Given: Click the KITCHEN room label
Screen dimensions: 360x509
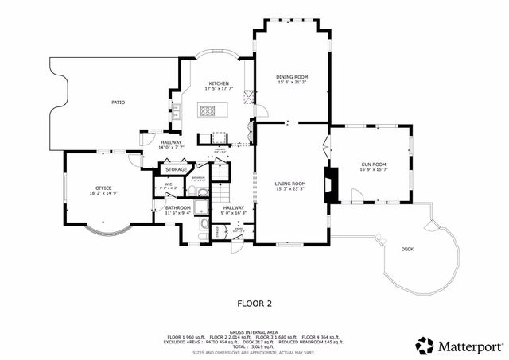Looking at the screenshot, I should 219,83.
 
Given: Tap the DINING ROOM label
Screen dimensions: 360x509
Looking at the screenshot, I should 292,77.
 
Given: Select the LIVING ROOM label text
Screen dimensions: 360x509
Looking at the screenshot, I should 291,184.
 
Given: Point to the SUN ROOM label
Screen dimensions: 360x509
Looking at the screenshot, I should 372,164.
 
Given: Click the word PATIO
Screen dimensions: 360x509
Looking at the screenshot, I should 118,103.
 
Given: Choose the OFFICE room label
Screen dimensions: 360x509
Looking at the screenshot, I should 103,188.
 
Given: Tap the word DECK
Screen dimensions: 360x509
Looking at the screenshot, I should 407,249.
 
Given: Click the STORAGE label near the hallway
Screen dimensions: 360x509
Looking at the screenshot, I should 177,169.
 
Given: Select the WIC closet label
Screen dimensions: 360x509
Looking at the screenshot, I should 169,185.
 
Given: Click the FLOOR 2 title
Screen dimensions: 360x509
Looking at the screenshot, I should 254,303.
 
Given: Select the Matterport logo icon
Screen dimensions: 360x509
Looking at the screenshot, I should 425,346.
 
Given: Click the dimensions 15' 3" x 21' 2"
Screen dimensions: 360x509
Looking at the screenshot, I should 292,83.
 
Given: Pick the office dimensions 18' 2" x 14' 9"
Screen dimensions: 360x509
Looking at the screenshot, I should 103,193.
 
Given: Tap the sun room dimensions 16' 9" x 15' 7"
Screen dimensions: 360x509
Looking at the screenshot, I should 372,169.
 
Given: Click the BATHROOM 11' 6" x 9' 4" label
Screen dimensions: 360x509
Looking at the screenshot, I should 177,210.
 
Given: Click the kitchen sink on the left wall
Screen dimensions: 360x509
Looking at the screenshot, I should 176,109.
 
